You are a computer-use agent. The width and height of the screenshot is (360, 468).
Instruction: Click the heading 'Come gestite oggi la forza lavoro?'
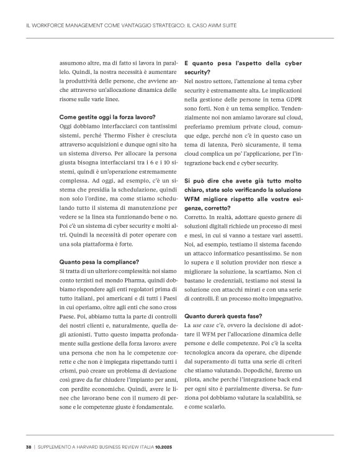point(107,117)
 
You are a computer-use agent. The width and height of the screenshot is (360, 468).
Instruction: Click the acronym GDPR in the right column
point(288,99)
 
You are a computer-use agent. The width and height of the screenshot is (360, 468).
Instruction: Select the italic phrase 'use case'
point(205,325)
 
